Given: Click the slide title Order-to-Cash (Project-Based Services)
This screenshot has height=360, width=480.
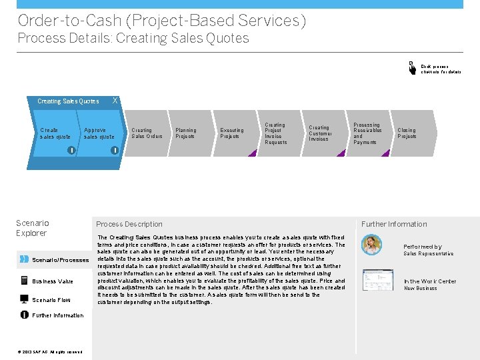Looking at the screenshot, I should tap(162, 21).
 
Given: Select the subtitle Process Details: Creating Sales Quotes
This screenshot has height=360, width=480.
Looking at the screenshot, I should tap(133, 38).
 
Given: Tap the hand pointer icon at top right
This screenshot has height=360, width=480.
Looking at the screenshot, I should tap(411, 67).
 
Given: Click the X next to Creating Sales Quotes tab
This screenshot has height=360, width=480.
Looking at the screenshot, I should tap(115, 100).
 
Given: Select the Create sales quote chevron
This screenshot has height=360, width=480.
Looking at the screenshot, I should tap(56, 133).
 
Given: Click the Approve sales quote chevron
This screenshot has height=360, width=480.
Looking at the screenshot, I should tap(100, 133).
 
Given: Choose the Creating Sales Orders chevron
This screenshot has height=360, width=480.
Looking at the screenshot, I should tap(147, 133).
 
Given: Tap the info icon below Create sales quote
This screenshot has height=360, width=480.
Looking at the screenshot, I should tap(71, 150).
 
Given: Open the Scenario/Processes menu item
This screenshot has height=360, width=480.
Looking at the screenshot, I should tap(60, 259).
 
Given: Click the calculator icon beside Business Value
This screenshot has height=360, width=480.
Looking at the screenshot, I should tap(24, 281).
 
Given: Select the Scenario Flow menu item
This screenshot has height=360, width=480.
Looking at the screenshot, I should tap(51, 300).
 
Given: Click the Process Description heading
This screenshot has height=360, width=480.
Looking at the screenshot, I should tap(129, 224).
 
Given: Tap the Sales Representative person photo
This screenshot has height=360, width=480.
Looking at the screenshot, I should tap(371, 245).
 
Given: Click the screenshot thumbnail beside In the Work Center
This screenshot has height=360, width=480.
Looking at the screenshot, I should tap(373, 280).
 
